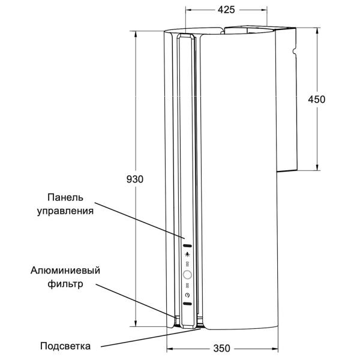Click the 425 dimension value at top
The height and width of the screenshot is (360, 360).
coord(226,10)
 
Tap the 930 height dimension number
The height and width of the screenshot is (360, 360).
coord(135,179)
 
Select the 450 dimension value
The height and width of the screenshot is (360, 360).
coord(317,100)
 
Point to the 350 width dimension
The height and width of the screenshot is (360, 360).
coord(222,348)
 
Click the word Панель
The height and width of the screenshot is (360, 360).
coord(65,197)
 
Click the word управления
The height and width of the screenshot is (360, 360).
coord(65,211)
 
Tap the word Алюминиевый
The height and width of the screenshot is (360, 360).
coord(65,271)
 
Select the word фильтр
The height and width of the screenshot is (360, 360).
coord(65,284)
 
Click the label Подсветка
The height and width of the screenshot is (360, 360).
coord(65,346)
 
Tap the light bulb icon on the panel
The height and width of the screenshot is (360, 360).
coord(188,254)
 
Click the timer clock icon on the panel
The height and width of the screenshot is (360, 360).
coord(188,295)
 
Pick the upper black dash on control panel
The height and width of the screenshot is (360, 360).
coord(187,246)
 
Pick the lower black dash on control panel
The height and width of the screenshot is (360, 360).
coord(187,304)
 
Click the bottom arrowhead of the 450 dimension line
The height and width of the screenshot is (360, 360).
coord(317,167)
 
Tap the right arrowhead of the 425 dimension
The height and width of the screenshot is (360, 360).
coord(264,10)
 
